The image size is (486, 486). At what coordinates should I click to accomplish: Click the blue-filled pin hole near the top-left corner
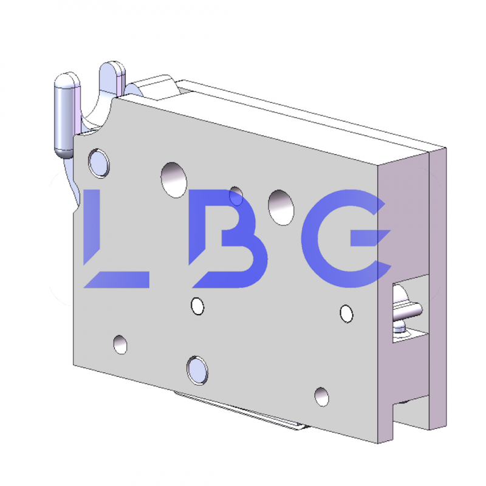click(98, 162)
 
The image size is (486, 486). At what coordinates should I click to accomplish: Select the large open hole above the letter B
click(174, 179)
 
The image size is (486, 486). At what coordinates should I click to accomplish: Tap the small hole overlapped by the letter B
click(236, 196)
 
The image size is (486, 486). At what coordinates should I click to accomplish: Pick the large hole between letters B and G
click(280, 205)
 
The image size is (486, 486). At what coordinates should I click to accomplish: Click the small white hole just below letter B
click(197, 306)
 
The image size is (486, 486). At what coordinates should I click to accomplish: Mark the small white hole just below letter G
click(346, 313)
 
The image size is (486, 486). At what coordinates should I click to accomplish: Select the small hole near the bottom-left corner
click(120, 344)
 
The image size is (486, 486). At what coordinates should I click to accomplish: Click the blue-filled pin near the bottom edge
click(197, 369)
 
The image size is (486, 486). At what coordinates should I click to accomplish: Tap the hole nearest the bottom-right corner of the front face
click(322, 396)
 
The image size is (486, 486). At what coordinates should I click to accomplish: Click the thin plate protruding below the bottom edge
click(243, 413)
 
